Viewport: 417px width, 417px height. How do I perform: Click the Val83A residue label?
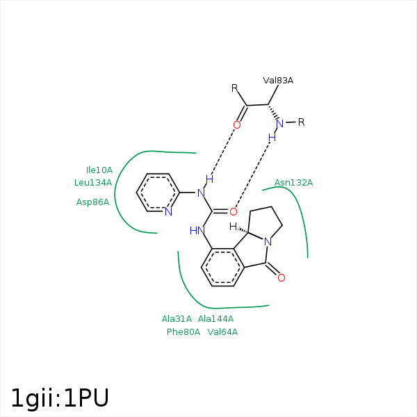278,81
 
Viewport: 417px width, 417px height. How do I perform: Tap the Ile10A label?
99,170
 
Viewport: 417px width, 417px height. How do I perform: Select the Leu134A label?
93,182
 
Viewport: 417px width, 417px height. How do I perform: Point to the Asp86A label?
93,202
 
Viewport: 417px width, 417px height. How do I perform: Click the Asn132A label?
293,183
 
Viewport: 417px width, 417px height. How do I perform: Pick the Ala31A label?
177,319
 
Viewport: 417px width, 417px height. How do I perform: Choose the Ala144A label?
215,319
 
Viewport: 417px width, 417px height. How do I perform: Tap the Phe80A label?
183,332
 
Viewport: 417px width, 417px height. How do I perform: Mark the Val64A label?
222,332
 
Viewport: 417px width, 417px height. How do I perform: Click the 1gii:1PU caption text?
60,398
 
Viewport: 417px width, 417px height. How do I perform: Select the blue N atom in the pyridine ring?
168,211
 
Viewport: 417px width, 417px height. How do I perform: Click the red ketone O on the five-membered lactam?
281,278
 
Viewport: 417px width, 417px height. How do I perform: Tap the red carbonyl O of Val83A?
237,125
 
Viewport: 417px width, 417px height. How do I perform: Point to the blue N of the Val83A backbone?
279,124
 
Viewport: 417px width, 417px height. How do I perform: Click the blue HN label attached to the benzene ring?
197,230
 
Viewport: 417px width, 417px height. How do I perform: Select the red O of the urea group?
234,211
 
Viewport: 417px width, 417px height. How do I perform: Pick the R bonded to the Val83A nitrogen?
302,122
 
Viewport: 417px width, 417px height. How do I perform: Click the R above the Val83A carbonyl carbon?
235,88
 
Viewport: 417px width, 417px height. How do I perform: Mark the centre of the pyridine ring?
158,193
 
